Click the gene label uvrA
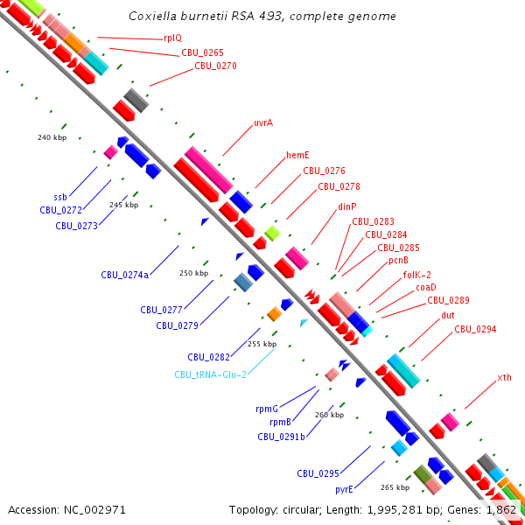click(x=263, y=122)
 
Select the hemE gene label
click(x=297, y=155)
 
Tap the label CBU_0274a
click(x=125, y=275)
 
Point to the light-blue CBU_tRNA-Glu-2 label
click(x=210, y=374)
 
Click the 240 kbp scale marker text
click(x=52, y=137)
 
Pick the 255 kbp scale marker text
click(x=262, y=344)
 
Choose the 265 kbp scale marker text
click(x=395, y=487)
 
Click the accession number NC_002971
click(x=94, y=510)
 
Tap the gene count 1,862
click(x=500, y=510)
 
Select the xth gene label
click(x=505, y=377)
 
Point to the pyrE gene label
click(x=344, y=489)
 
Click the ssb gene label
click(x=60, y=197)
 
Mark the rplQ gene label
click(x=173, y=38)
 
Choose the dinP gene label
click(x=347, y=206)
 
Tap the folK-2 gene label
click(x=417, y=275)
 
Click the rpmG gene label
click(x=267, y=409)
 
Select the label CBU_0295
click(x=318, y=473)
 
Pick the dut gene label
click(x=448, y=315)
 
